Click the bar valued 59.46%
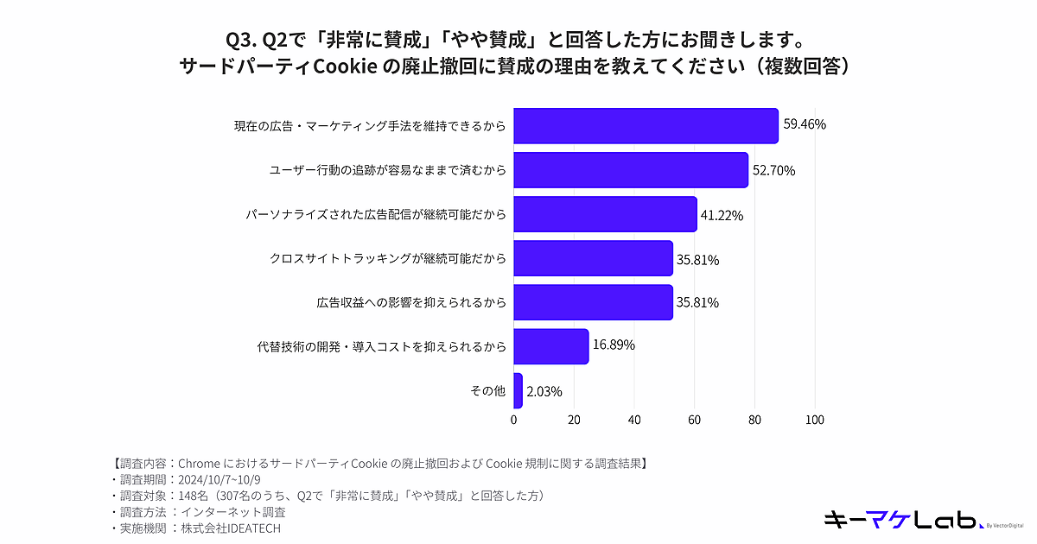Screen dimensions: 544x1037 click(x=646, y=126)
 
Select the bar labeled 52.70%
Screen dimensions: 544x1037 click(x=631, y=170)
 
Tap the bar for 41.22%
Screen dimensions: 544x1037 click(x=605, y=214)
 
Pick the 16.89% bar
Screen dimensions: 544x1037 click(x=551, y=345)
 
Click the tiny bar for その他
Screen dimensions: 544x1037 click(x=518, y=390)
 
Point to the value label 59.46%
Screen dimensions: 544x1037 click(x=805, y=124)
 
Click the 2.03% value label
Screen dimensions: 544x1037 click(x=544, y=391)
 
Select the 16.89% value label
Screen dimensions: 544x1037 click(x=614, y=345)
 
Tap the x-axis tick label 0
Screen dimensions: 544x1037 click(x=514, y=421)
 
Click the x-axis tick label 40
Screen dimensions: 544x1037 click(x=634, y=421)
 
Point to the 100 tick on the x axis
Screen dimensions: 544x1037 click(x=814, y=421)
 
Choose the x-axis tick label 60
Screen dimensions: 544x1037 click(x=694, y=421)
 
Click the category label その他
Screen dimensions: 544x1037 click(x=487, y=391)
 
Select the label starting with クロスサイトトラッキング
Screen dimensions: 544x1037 click(x=387, y=258)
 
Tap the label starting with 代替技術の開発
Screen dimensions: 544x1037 click(x=381, y=346)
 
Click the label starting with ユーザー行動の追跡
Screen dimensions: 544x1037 click(x=387, y=170)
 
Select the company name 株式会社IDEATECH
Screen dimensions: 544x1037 click(x=229, y=528)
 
